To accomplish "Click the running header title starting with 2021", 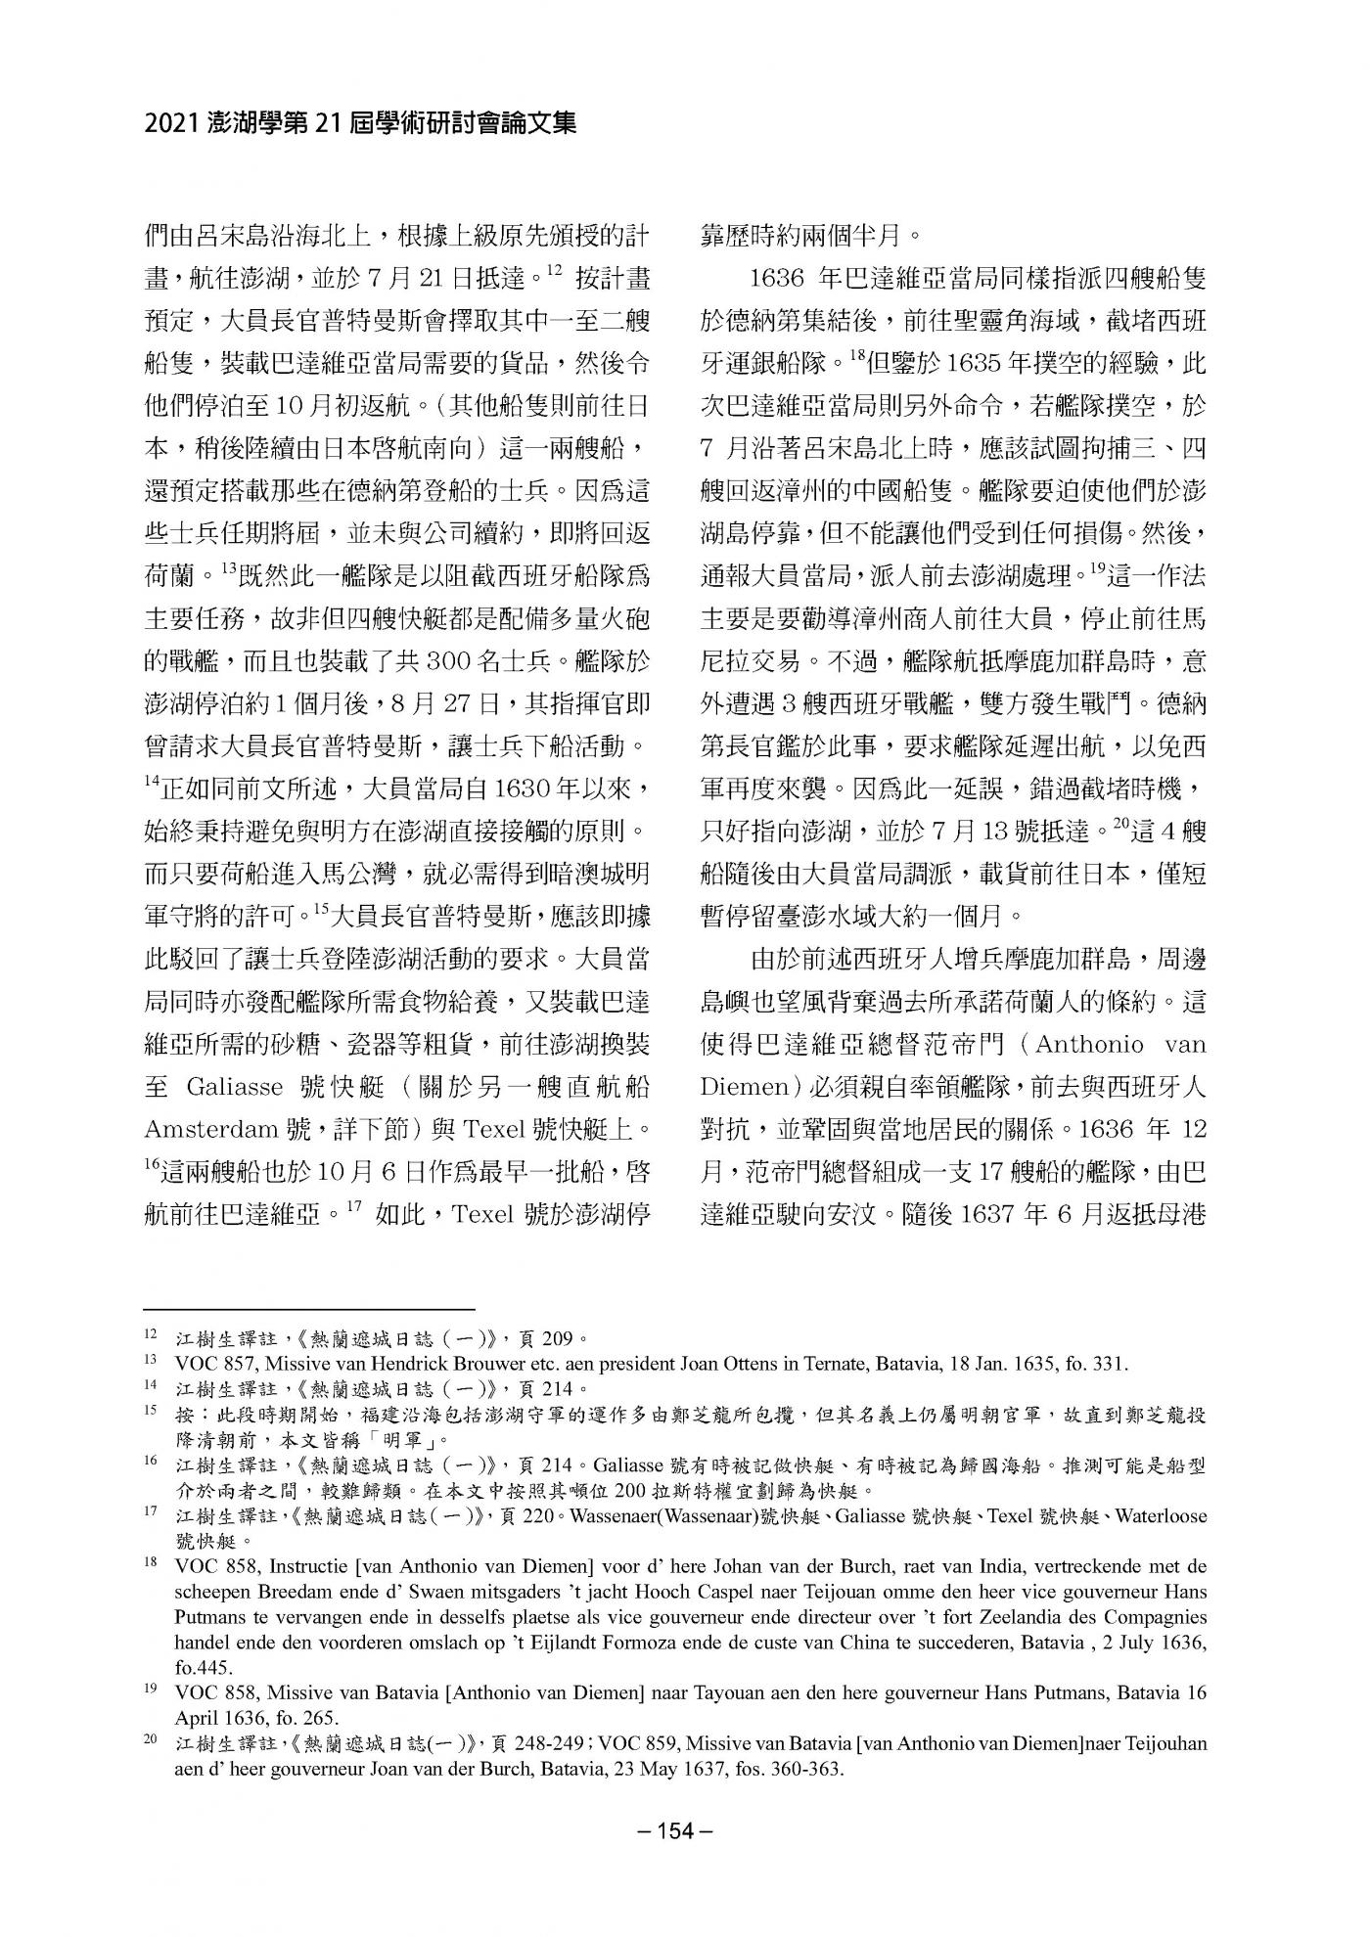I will pyautogui.click(x=360, y=123).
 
